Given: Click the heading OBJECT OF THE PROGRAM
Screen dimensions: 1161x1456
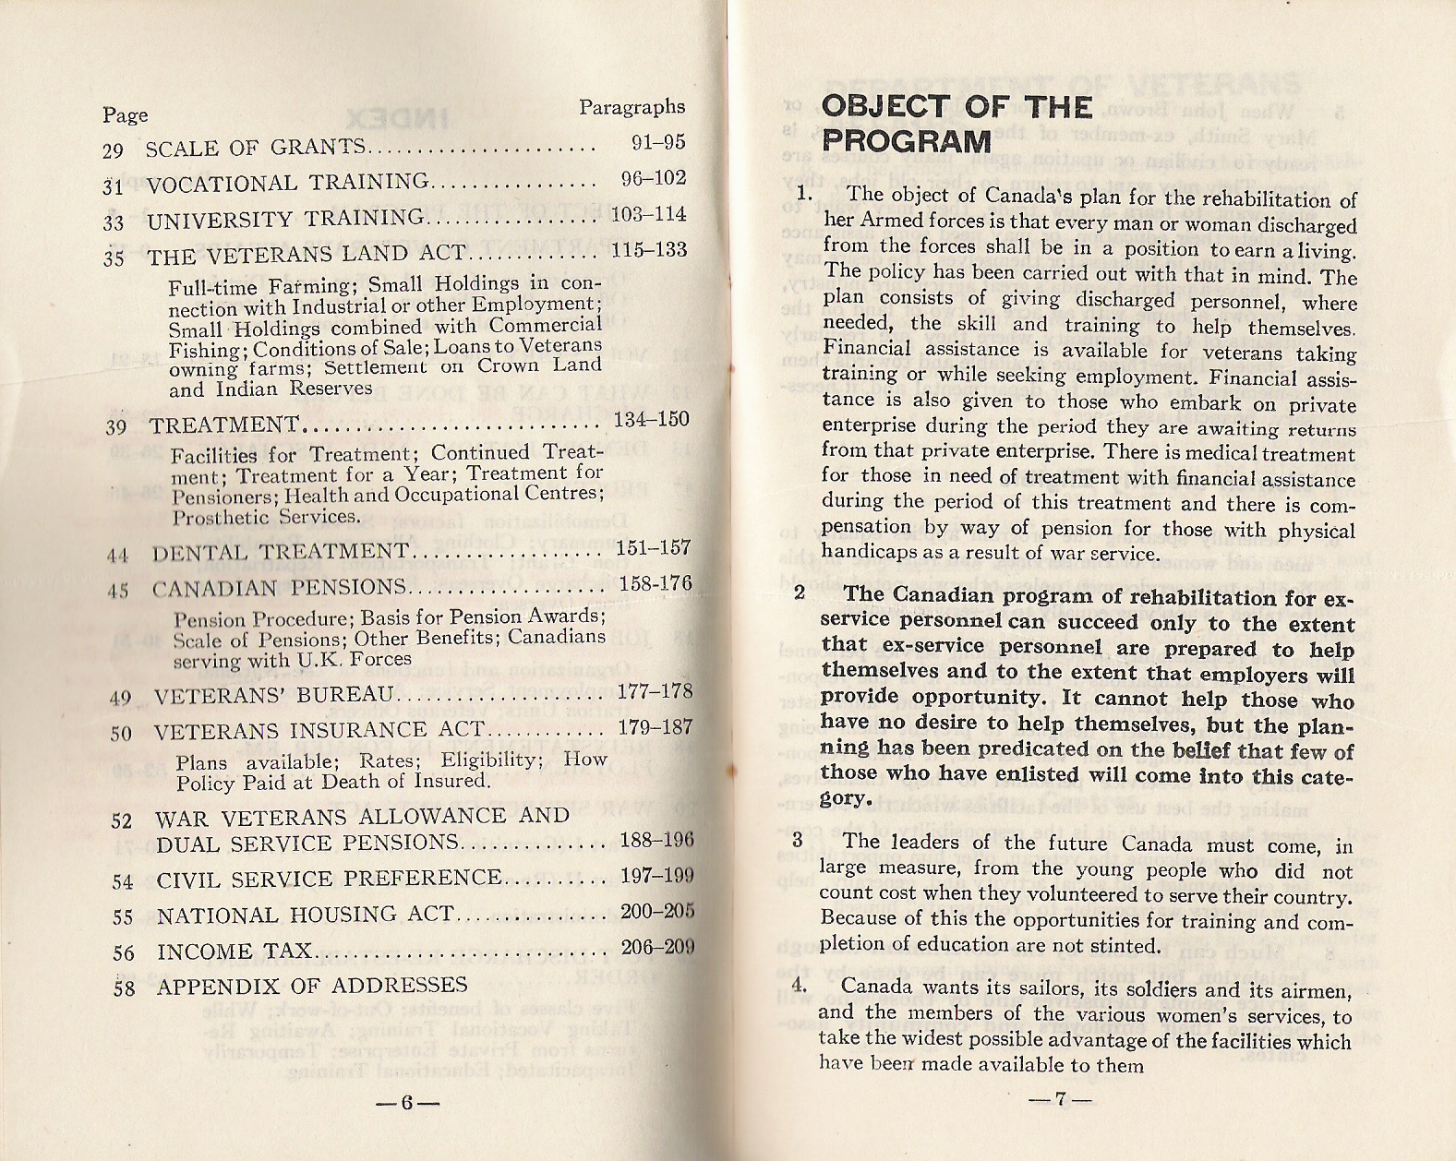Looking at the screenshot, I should point(957,124).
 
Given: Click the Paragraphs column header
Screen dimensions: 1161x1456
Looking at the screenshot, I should point(632,107).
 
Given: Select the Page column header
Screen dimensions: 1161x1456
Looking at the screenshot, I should point(125,115).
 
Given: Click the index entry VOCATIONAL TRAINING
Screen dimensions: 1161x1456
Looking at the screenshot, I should point(287,183).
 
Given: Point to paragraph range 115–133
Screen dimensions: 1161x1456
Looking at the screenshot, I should point(649,250).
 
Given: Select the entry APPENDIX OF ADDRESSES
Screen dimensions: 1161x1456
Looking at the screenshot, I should point(312,986).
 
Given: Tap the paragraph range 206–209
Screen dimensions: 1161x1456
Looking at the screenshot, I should point(657,947).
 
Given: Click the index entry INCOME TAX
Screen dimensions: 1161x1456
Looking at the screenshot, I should point(234,952).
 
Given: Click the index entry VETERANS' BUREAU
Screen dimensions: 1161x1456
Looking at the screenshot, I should point(274,695).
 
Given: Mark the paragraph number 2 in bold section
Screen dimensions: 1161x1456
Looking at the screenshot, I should point(800,592).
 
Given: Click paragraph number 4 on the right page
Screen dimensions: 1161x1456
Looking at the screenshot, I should point(800,985).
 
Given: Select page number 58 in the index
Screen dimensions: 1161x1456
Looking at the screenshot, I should point(124,988).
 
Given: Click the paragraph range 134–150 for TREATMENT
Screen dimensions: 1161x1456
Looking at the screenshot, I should point(651,420).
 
